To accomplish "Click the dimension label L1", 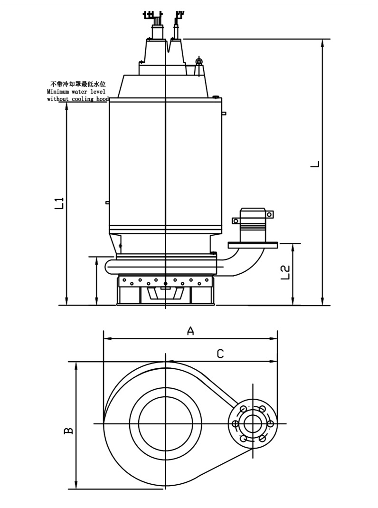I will [59, 203].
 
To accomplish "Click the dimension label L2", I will [285, 272].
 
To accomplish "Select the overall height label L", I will [315, 164].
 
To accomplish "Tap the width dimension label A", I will [190, 331].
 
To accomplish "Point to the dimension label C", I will [220, 354].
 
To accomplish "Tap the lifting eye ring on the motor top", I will [199, 61].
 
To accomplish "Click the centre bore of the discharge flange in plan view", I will [253, 423].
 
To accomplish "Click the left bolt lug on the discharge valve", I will [236, 220].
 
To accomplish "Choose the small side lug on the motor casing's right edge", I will [224, 113].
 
